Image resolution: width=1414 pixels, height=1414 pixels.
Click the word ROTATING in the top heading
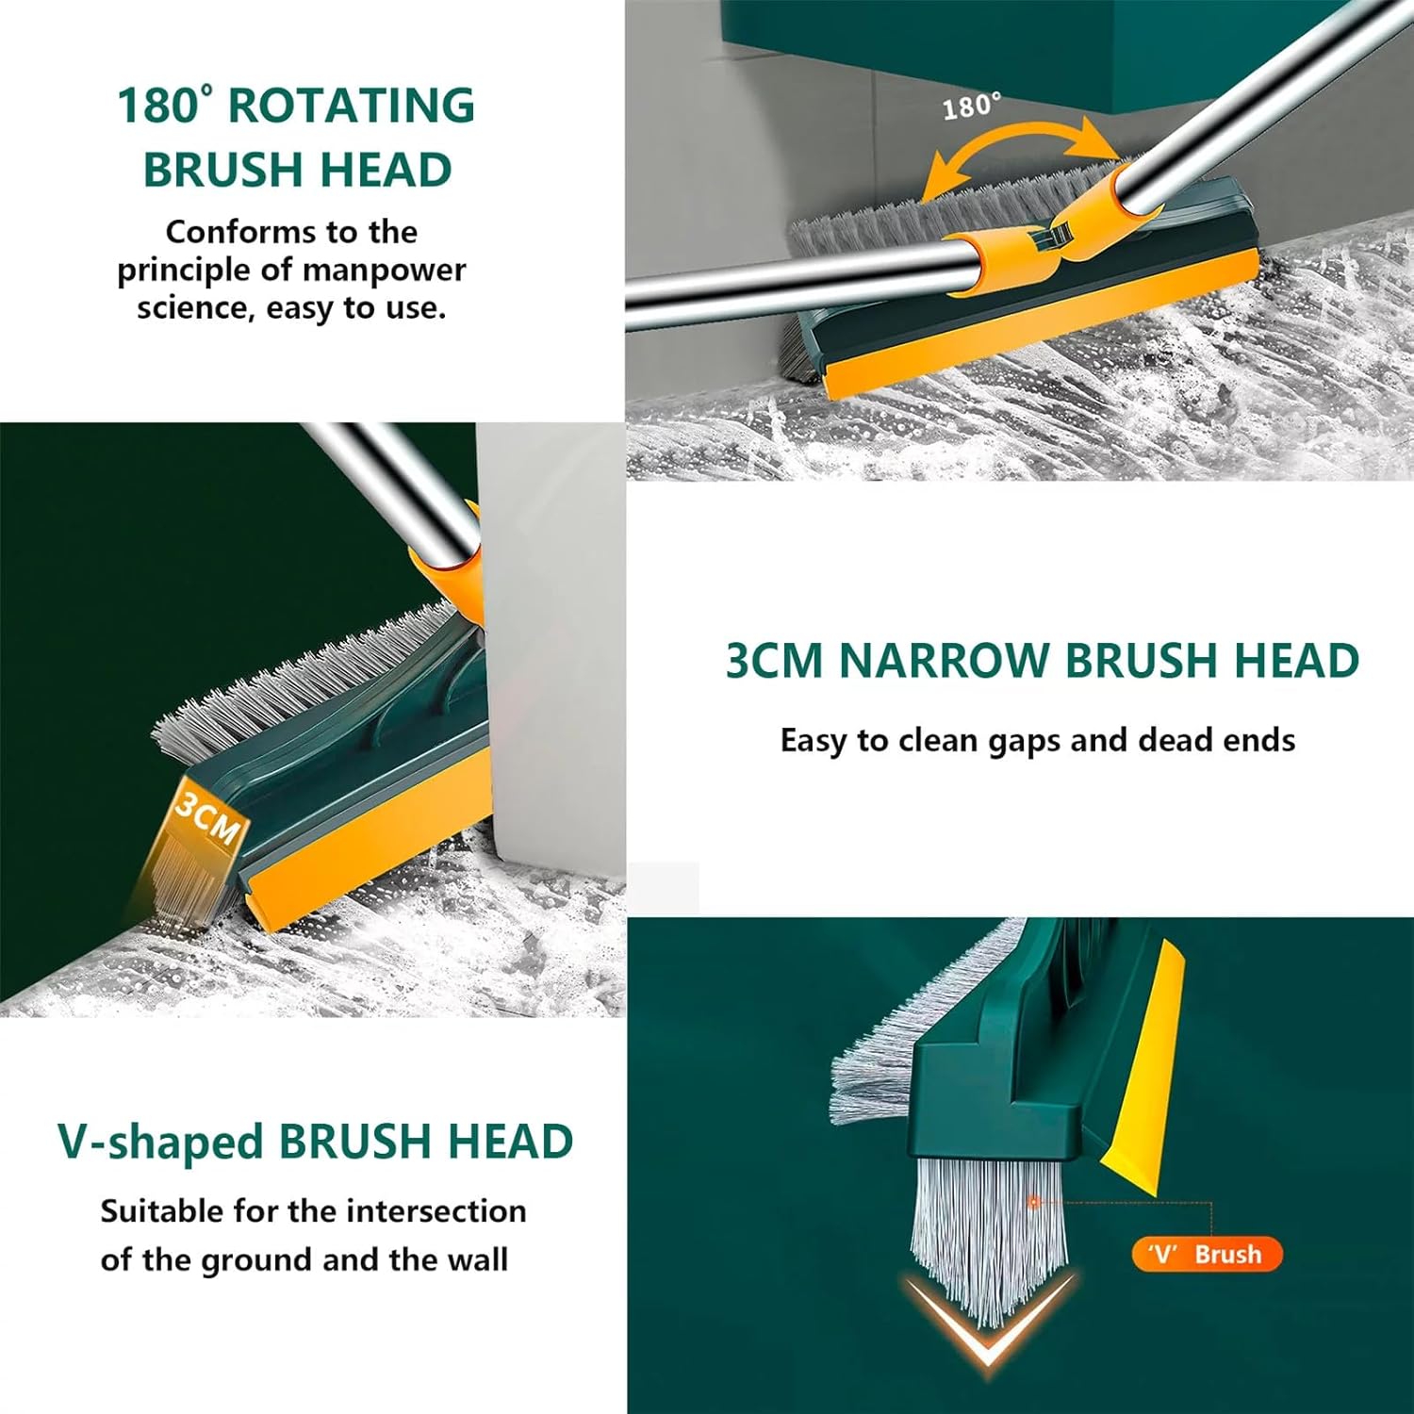pos(351,106)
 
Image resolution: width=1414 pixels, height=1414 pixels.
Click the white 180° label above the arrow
pos(971,106)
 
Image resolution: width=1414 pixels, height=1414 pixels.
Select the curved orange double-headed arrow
pos(1018,151)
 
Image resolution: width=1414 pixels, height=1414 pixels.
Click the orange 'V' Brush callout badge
pos(1206,1255)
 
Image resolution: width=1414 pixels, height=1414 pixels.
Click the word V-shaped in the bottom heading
pos(160,1143)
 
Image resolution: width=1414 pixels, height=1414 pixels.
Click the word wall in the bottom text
pos(479,1260)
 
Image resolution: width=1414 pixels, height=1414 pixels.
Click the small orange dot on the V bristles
pos(1033,1202)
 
